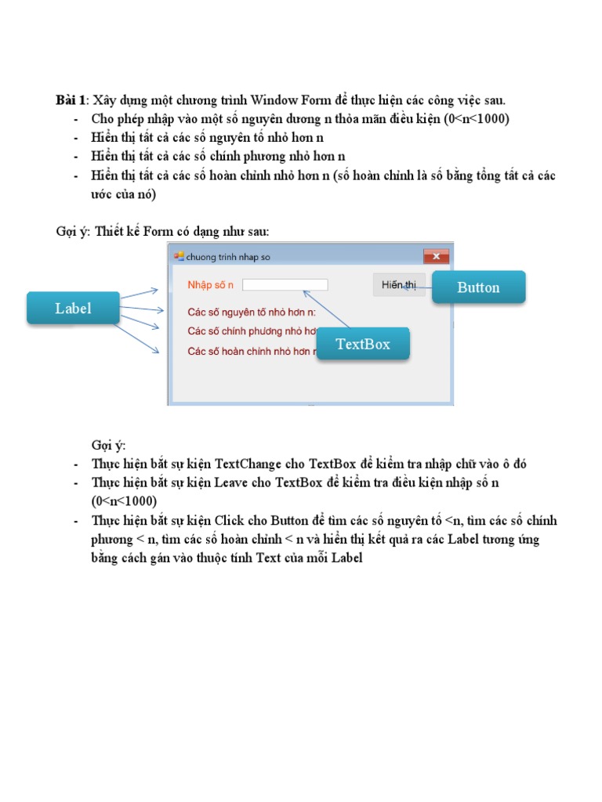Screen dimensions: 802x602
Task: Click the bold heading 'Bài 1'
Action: point(71,101)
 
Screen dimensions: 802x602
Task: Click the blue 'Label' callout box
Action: point(73,309)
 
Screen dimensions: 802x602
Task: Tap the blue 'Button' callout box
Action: point(478,287)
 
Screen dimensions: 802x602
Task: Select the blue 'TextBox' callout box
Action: point(362,344)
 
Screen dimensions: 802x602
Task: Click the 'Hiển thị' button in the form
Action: point(398,285)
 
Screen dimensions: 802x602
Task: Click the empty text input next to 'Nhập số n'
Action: point(285,285)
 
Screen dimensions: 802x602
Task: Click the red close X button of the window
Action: point(436,256)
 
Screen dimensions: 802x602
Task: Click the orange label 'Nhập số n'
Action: point(211,285)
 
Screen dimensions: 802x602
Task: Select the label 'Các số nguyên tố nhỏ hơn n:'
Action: point(251,312)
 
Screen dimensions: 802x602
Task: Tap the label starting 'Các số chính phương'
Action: point(251,331)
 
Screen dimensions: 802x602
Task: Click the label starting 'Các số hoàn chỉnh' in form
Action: point(251,351)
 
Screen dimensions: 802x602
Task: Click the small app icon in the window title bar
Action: point(179,256)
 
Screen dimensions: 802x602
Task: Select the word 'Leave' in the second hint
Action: point(232,483)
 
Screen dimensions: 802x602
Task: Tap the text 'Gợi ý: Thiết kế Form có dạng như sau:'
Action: point(162,233)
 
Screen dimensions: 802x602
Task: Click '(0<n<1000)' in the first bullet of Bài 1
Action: point(474,119)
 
